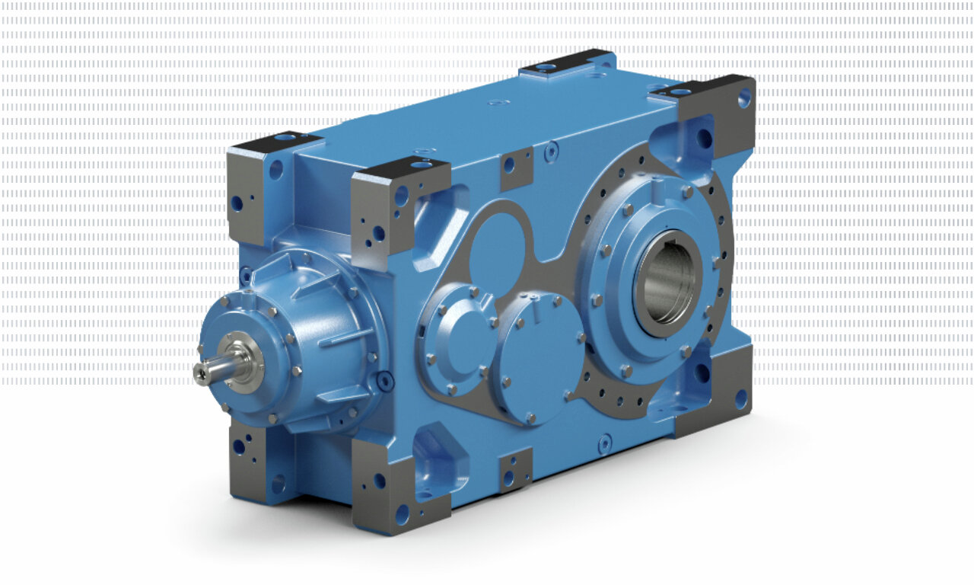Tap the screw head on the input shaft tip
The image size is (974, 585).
coord(199,373)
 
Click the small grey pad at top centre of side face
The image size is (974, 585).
coord(517,167)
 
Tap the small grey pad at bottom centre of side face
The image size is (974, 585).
coord(515,470)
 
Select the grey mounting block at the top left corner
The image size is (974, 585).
coord(257,183)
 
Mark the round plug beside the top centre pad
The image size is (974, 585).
coord(551,152)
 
